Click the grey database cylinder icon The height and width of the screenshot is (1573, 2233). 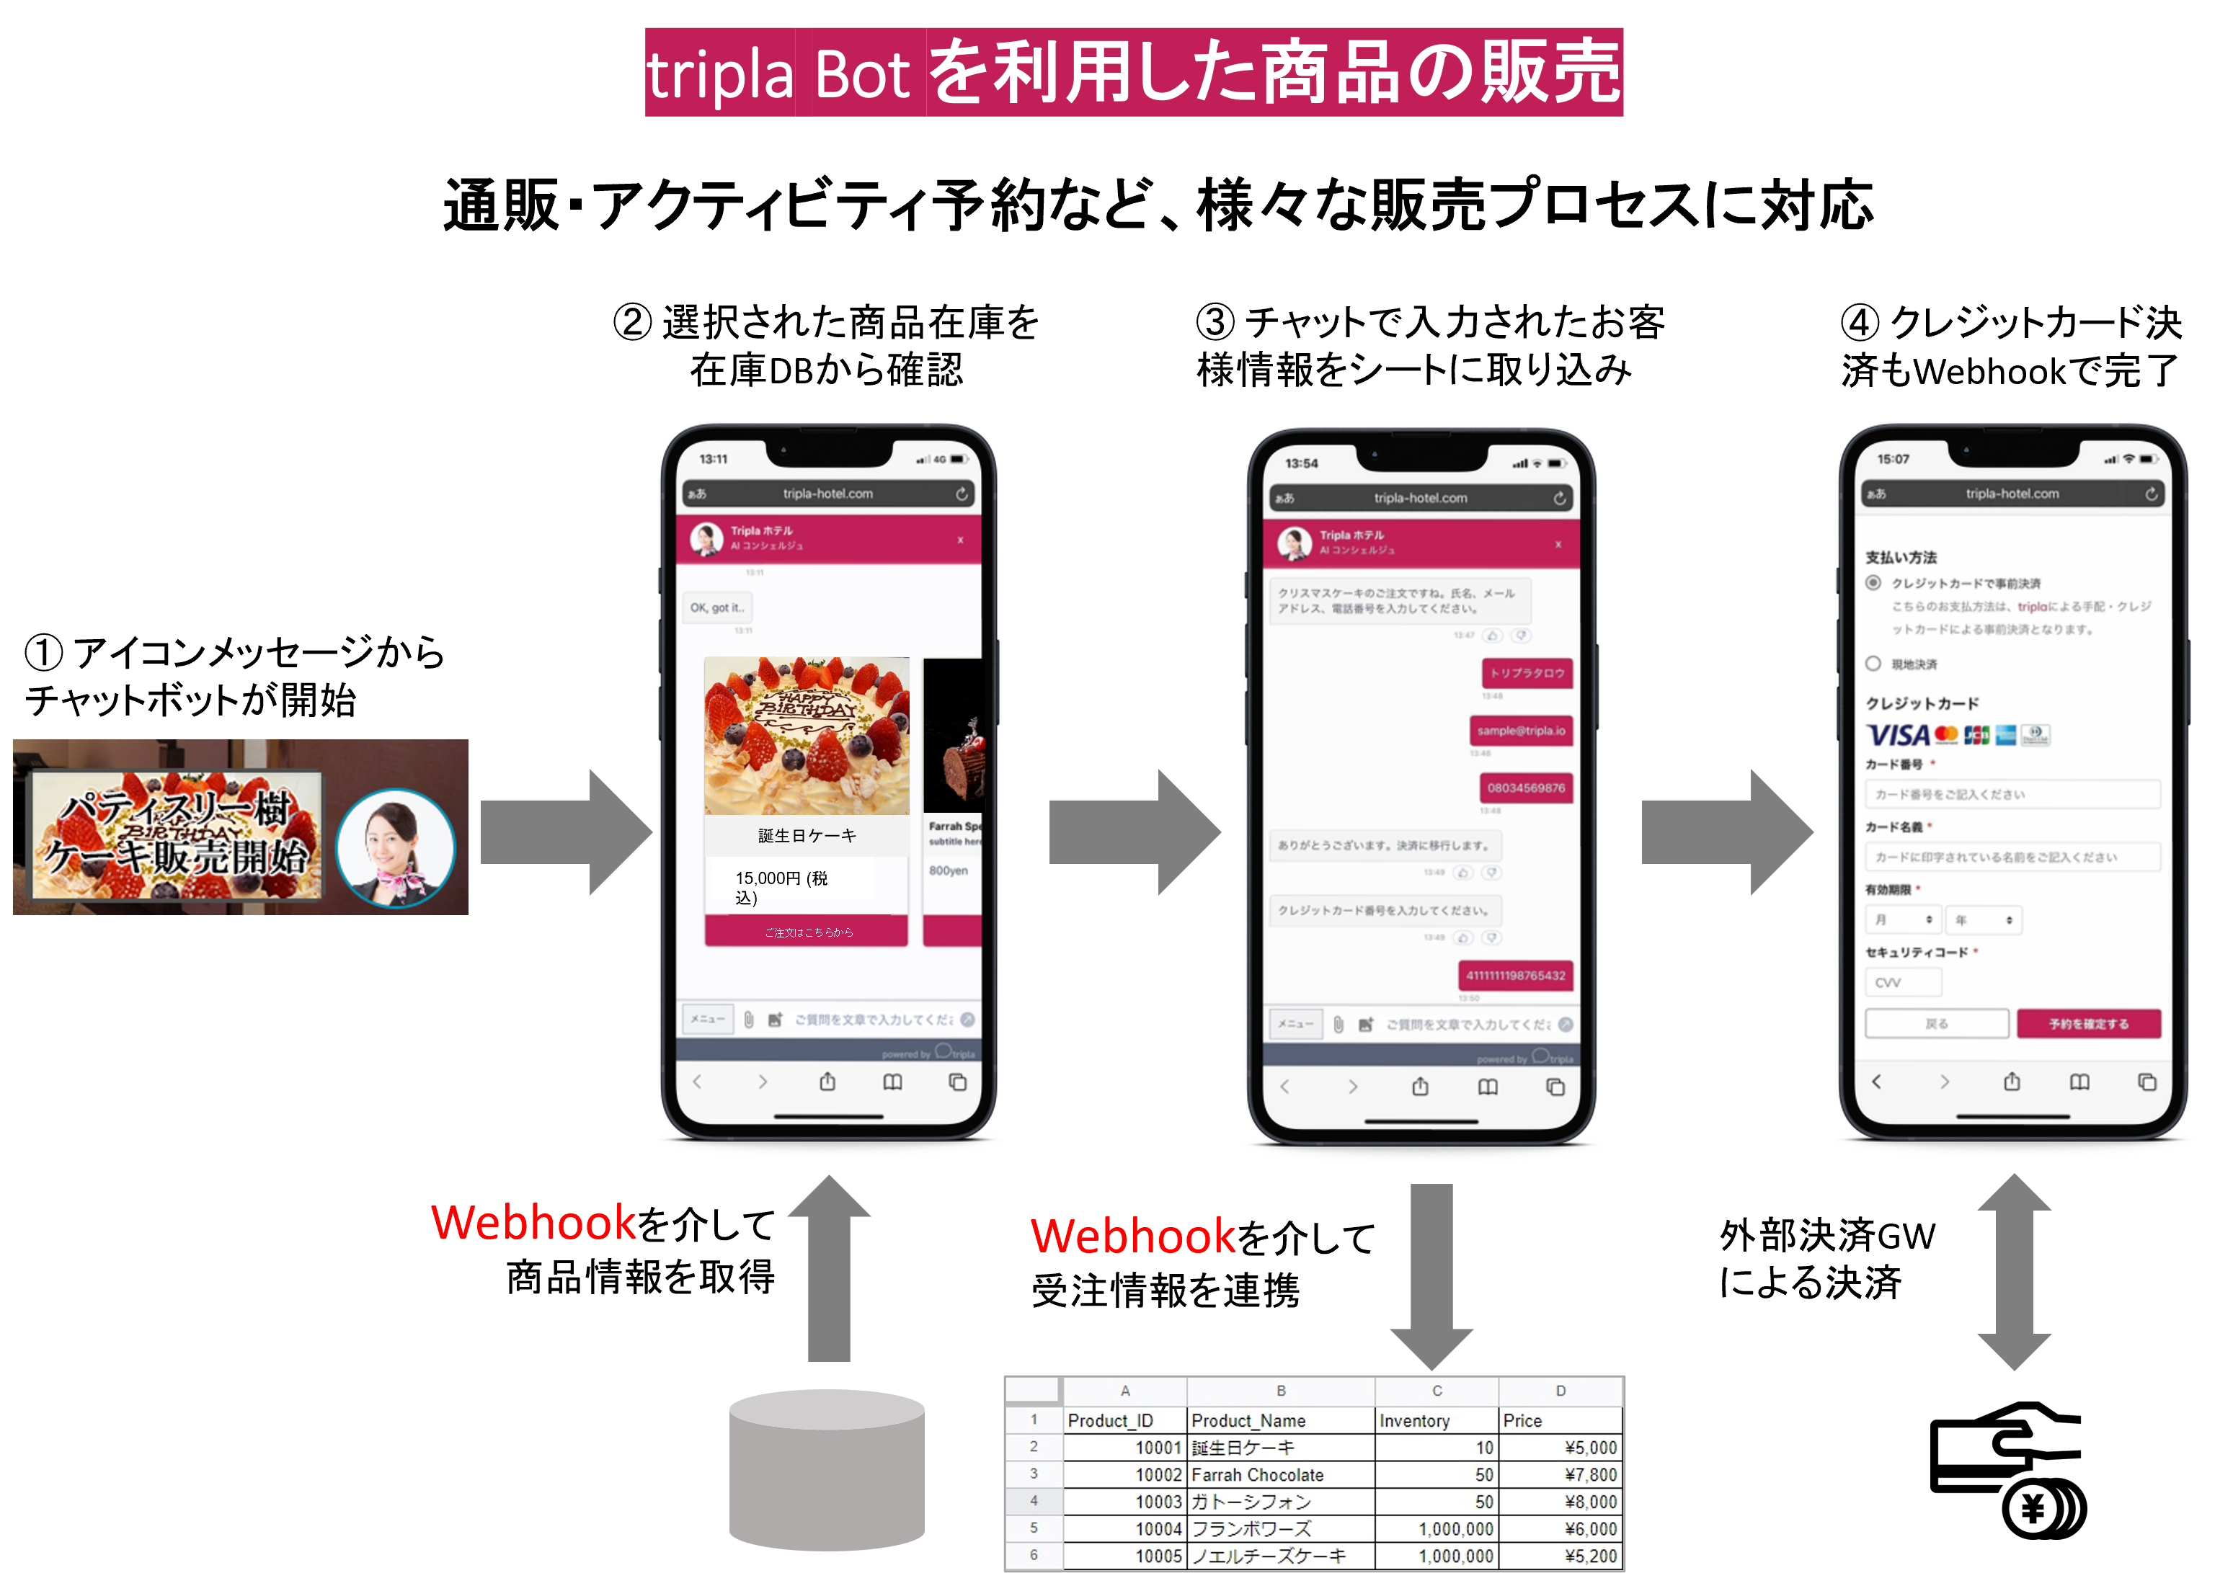pyautogui.click(x=827, y=1468)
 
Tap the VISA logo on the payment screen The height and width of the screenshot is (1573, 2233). pyautogui.click(x=1896, y=735)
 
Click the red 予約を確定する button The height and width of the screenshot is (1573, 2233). pyautogui.click(x=2088, y=1024)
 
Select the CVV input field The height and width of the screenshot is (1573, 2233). pyautogui.click(x=1902, y=983)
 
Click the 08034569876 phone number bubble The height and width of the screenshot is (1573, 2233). pyautogui.click(x=1525, y=788)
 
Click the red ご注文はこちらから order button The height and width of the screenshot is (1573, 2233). pyautogui.click(x=807, y=932)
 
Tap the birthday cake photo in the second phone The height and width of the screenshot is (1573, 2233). pyautogui.click(x=807, y=736)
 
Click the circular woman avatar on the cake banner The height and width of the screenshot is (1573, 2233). pyautogui.click(x=395, y=847)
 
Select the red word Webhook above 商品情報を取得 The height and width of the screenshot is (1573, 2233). pyautogui.click(x=533, y=1223)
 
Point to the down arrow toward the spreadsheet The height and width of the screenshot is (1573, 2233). pyautogui.click(x=1431, y=1273)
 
